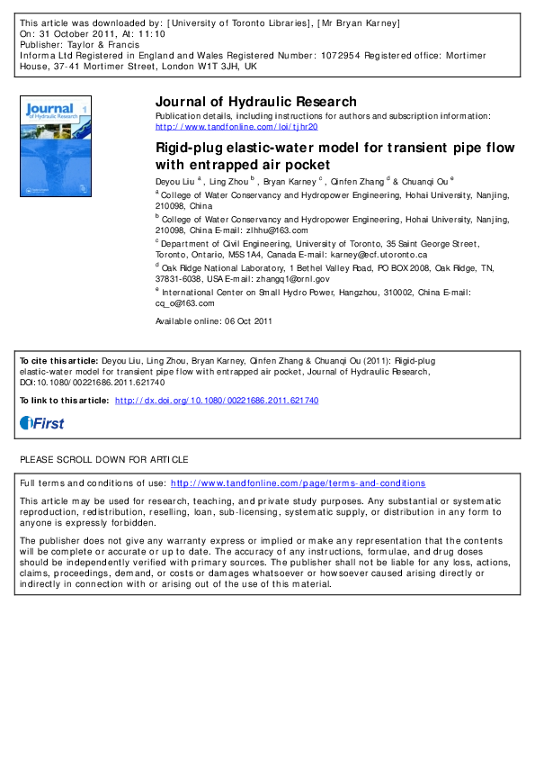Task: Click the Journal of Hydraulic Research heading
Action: (256, 102)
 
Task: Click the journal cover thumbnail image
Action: (56, 149)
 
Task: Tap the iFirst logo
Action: (42, 423)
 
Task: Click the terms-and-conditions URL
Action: (298, 483)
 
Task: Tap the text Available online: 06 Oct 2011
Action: (213, 321)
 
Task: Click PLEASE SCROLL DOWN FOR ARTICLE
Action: (104, 459)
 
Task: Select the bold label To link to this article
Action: (65, 401)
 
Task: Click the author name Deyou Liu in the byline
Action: (174, 181)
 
